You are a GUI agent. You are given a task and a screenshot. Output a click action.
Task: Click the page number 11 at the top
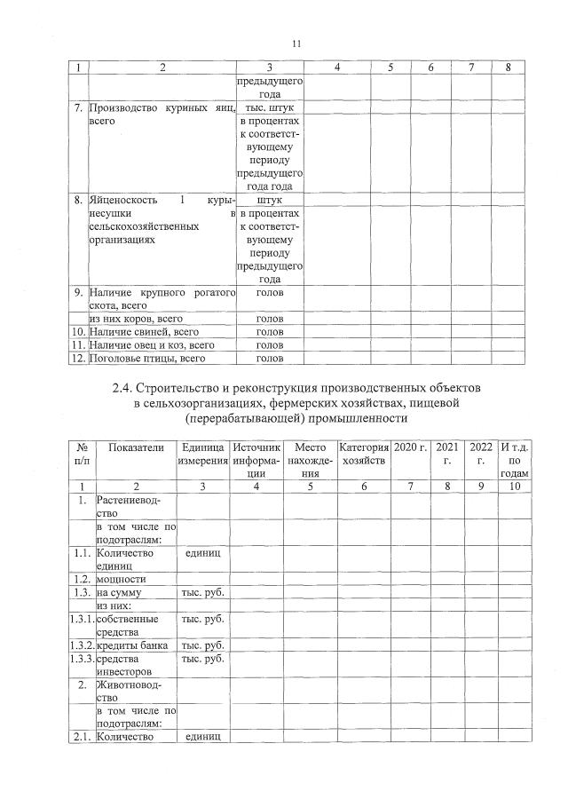pyautogui.click(x=296, y=43)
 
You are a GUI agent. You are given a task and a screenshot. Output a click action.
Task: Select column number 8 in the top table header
pyautogui.click(x=507, y=67)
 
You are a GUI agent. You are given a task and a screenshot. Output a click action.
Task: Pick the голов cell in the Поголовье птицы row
pyautogui.click(x=270, y=359)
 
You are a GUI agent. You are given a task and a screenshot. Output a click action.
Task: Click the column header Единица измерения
pyautogui.click(x=204, y=455)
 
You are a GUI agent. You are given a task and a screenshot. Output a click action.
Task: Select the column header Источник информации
pyautogui.click(x=256, y=461)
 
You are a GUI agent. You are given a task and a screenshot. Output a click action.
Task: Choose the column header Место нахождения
pyautogui.click(x=311, y=461)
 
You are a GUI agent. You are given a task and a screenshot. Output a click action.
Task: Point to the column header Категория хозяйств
pyautogui.click(x=364, y=455)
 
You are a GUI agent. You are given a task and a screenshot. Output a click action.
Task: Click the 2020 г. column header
pyautogui.click(x=410, y=447)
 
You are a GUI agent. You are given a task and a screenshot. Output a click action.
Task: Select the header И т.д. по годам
pyautogui.click(x=515, y=461)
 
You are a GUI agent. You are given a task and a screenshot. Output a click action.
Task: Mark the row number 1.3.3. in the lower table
pyautogui.click(x=81, y=659)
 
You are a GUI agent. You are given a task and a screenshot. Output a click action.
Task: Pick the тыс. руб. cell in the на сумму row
pyautogui.click(x=204, y=591)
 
